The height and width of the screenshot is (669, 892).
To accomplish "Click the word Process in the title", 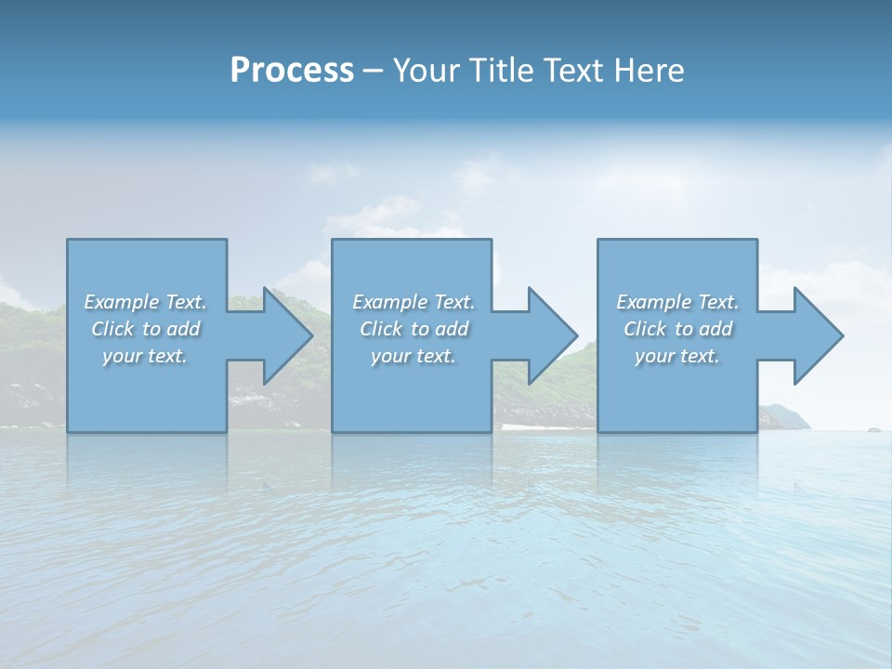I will tap(292, 71).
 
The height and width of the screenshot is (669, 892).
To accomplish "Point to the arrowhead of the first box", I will tap(287, 335).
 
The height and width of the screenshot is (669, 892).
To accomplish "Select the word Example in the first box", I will tap(121, 302).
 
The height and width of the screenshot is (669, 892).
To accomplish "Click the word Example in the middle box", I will tap(389, 302).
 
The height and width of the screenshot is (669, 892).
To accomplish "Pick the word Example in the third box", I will tap(653, 302).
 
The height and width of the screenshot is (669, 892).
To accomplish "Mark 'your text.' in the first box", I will tap(145, 356).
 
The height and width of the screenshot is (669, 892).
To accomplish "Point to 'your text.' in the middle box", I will tap(413, 356).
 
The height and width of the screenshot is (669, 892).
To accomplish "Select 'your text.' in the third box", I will tap(677, 356).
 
